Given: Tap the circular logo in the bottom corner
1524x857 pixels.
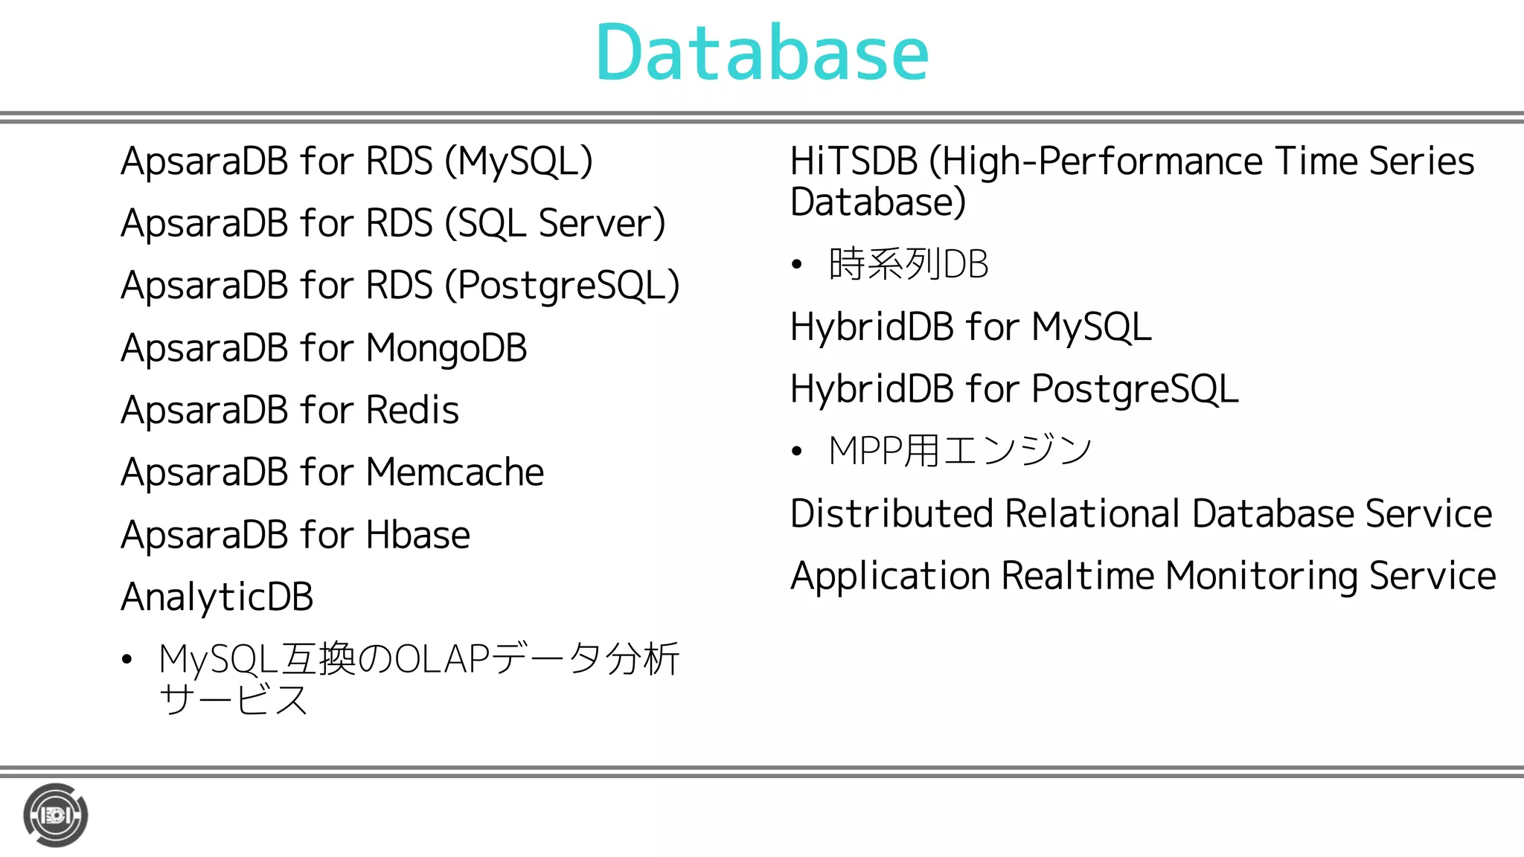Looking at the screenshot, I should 56,815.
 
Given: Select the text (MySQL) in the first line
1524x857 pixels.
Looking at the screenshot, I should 519,161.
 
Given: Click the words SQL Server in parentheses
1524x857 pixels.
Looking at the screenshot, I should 555,223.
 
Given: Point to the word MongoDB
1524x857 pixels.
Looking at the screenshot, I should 446,348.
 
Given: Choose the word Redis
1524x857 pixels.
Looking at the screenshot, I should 412,410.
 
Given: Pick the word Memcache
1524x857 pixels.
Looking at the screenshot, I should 455,472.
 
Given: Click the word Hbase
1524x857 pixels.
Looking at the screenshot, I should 417,535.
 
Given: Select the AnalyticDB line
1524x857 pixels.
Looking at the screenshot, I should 217,597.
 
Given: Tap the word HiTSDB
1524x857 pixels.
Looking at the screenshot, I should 854,161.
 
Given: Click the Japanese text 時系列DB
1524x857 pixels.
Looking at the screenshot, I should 909,264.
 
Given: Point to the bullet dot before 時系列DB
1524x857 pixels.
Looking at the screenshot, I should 797,264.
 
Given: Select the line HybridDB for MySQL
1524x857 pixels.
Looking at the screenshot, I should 970,327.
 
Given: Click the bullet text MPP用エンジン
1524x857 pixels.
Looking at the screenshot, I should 960,451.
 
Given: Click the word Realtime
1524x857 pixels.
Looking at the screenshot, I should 1078,576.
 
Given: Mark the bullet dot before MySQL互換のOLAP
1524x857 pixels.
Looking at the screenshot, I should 127,659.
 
